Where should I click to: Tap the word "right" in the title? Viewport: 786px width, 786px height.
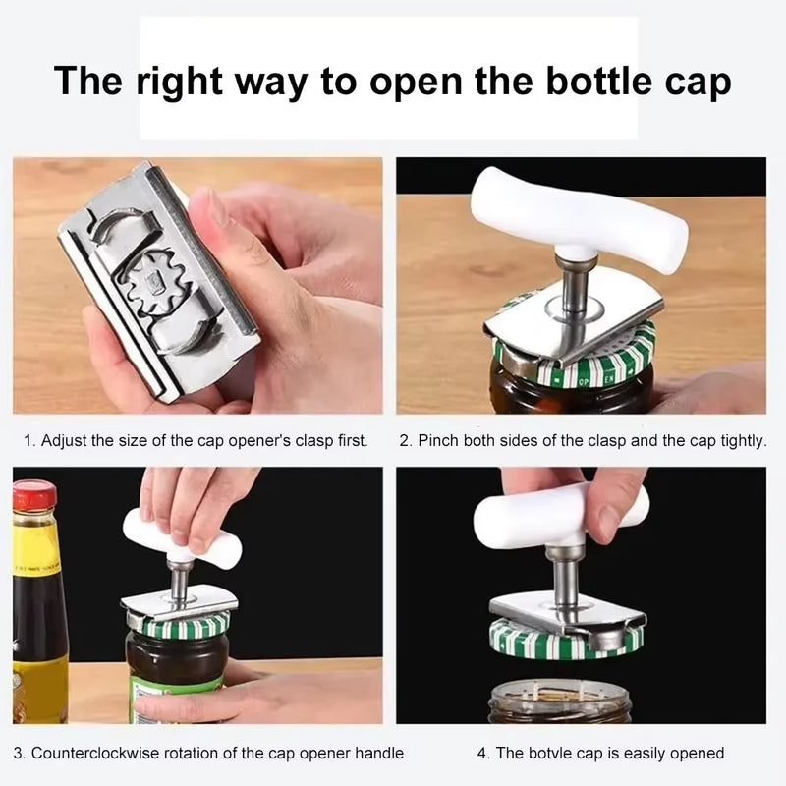pos(178,81)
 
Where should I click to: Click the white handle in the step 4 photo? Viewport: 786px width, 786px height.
pos(560,513)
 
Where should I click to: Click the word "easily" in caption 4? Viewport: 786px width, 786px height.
pos(628,754)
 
